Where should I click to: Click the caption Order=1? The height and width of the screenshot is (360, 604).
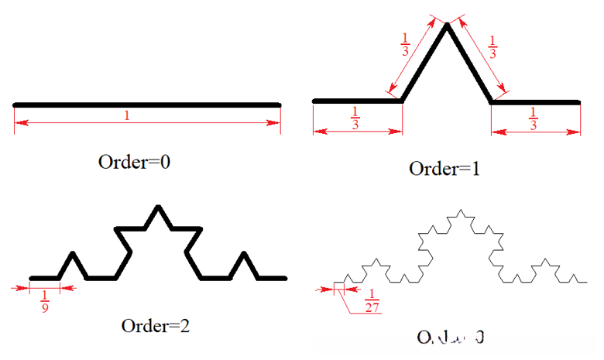444,168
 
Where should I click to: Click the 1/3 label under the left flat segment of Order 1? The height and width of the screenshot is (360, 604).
355,118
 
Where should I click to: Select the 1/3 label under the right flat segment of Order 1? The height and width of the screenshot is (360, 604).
533,118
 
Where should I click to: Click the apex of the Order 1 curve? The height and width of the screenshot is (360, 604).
447,26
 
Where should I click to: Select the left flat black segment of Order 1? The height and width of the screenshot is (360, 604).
356,101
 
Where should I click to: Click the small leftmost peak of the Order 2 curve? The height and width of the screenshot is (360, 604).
73,254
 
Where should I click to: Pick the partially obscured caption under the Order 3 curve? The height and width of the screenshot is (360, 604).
451,338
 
